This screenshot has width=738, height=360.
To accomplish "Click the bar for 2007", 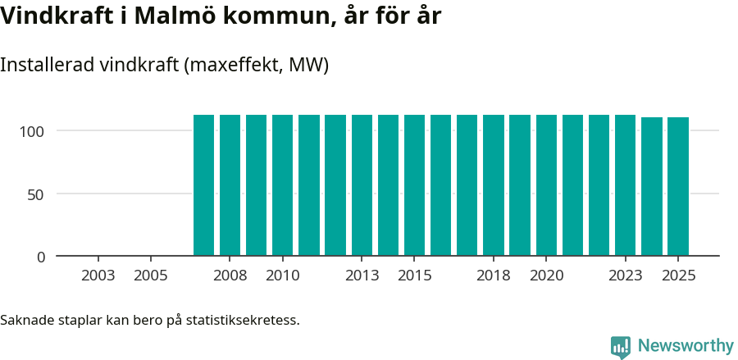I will coord(203,185).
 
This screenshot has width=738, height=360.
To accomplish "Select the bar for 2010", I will coord(283,185).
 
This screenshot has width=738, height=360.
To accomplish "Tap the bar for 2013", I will coord(362,185).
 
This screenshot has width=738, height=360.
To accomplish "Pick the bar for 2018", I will coord(494,185).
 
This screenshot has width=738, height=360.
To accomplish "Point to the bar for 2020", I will coord(546,185).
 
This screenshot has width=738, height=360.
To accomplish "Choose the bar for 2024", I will coord(652,187).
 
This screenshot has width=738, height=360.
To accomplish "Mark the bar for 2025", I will coord(678,187).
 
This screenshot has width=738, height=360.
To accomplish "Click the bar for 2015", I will coord(414,185).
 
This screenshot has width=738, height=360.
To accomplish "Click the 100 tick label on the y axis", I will coord(33,131).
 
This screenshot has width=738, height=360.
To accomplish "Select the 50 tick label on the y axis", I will coord(37,194).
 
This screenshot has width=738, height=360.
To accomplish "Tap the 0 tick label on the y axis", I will coord(41,257).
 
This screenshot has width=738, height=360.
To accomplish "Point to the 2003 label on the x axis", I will coord(98,276).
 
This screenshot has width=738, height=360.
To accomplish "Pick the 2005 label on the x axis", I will coord(151,276).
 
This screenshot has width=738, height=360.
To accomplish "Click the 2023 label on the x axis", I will coord(625,276).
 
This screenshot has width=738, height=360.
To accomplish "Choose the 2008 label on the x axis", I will coord(230,276).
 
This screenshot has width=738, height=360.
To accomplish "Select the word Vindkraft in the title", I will coord(57,16).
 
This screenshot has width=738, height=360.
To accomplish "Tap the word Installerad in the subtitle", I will coord(46,65).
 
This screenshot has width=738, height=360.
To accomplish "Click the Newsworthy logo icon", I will coord(621,347).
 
